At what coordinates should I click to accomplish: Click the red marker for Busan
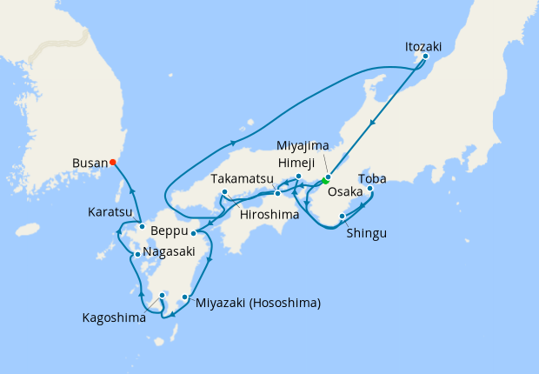[114, 162]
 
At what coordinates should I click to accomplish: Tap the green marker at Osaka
[324, 182]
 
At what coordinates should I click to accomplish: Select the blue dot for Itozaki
[425, 57]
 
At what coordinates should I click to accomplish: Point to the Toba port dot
[370, 188]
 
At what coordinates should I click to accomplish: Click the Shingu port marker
[342, 216]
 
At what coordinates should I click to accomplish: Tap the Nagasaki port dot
[137, 255]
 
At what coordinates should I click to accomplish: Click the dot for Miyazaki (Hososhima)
[185, 297]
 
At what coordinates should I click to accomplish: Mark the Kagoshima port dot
[162, 296]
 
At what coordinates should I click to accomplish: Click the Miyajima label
[303, 144]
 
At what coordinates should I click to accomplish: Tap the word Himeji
[297, 163]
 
